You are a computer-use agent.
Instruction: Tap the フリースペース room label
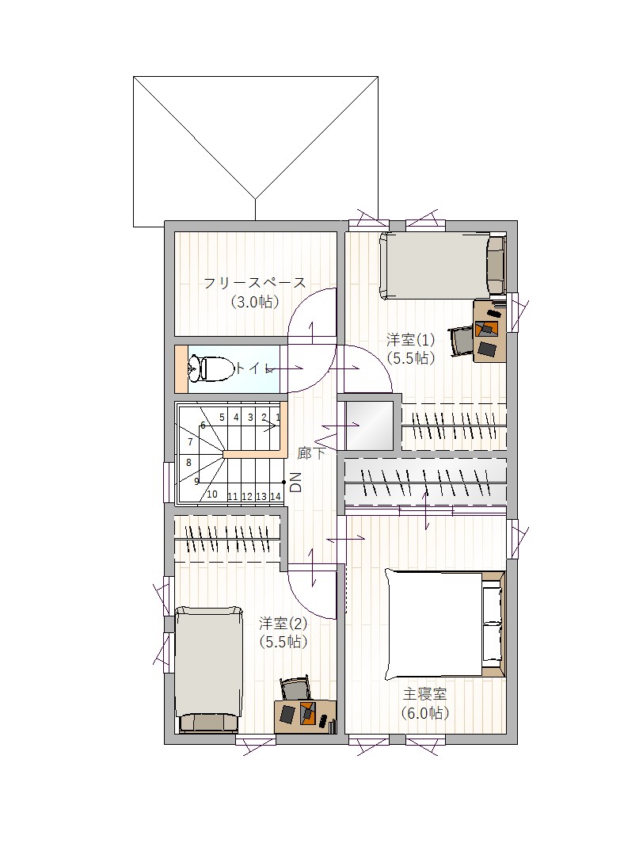[254, 283]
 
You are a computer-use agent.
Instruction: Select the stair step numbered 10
[212, 494]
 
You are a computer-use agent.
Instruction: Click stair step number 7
[190, 442]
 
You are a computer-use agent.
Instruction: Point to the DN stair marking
[295, 482]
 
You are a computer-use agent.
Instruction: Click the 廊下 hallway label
[311, 453]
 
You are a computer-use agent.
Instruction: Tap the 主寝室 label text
[424, 694]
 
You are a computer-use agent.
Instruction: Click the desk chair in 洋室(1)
[461, 340]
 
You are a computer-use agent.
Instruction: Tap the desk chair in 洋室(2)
[295, 689]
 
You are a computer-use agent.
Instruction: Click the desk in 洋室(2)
[306, 716]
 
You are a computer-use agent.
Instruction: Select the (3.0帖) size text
[254, 302]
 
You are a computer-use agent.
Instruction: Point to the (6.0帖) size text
[425, 712]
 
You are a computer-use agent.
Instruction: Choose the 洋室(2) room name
[283, 623]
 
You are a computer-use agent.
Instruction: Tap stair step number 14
[275, 496]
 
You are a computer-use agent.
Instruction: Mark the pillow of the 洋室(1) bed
[495, 265]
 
